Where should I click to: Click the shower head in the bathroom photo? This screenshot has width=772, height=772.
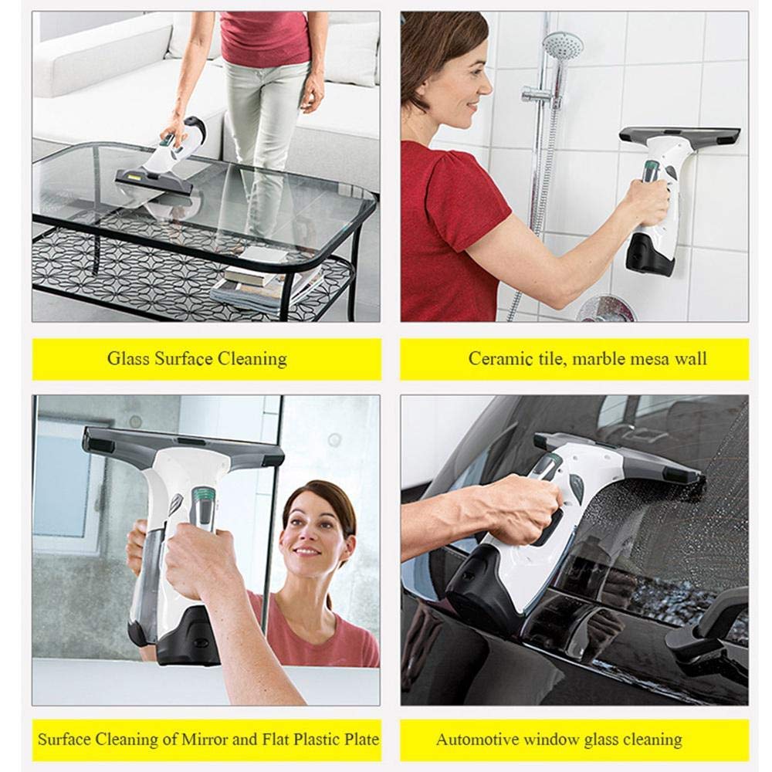(561, 44)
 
